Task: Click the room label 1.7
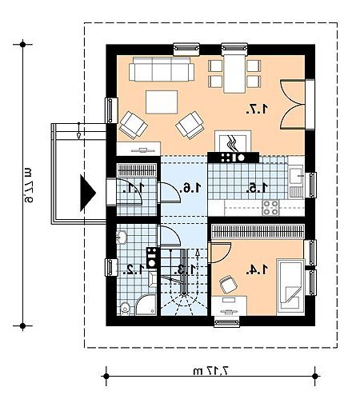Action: point(257,109)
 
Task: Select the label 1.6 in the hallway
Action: point(190,188)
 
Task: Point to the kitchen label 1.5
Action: point(257,188)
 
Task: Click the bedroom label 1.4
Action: point(257,269)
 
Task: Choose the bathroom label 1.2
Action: point(135,269)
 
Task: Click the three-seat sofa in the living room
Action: point(162,69)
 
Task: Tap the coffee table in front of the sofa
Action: point(162,102)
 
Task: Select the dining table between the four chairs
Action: point(234,74)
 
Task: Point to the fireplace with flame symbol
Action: point(233,142)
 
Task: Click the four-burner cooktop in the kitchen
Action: point(270,208)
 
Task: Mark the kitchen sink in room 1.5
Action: point(296,175)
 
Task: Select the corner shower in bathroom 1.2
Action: point(146,305)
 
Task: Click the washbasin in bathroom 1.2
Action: point(122,237)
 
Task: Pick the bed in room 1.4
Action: point(290,287)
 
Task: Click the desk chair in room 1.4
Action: point(228,284)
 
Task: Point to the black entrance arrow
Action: point(88,193)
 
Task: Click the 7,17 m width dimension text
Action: point(211,371)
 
